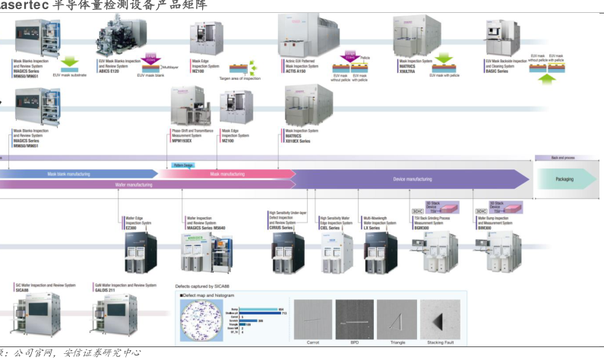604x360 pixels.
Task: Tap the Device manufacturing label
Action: [x=412, y=179]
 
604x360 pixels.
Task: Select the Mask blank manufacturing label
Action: [x=69, y=174]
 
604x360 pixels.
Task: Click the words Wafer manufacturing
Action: [x=134, y=185]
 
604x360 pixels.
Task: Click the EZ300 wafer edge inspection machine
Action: [x=141, y=254]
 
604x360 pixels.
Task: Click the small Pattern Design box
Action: [x=184, y=164]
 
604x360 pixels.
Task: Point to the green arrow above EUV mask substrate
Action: [x=70, y=62]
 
